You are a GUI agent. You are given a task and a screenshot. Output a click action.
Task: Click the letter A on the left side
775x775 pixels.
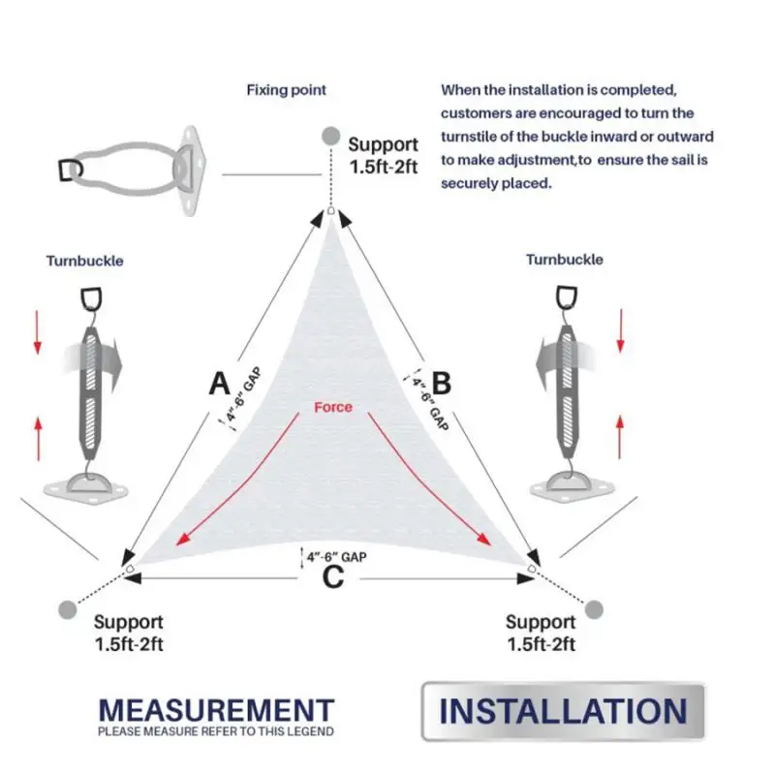click(220, 384)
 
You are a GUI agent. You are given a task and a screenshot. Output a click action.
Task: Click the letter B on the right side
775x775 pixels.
click(442, 383)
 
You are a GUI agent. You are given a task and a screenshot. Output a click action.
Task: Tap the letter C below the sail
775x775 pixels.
click(332, 576)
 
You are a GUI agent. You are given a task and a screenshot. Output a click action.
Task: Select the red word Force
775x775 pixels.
click(333, 407)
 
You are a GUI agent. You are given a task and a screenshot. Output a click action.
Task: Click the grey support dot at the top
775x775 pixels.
click(330, 136)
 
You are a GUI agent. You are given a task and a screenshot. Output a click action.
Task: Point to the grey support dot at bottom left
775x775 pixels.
click(68, 609)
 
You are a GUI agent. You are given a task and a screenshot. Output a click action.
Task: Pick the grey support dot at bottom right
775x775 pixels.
click(594, 609)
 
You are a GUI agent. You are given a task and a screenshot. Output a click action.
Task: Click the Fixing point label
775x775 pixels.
click(286, 90)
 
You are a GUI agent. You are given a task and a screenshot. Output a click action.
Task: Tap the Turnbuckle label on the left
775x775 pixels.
click(85, 261)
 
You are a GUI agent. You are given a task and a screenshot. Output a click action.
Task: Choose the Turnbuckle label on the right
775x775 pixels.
click(565, 260)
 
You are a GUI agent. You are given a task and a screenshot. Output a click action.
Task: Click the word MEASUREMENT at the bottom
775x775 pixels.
click(216, 710)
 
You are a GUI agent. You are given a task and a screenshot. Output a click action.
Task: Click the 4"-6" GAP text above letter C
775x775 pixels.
click(336, 557)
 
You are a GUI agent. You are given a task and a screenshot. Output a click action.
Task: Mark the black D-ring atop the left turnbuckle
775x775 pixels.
click(91, 299)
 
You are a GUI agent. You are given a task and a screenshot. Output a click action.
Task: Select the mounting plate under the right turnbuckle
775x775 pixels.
click(572, 488)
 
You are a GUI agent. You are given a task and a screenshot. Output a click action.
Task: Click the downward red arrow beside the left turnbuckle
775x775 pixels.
click(38, 332)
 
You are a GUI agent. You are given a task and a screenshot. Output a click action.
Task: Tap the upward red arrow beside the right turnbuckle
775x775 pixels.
click(620, 437)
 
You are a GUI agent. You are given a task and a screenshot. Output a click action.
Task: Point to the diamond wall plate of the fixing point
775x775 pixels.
click(188, 170)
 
